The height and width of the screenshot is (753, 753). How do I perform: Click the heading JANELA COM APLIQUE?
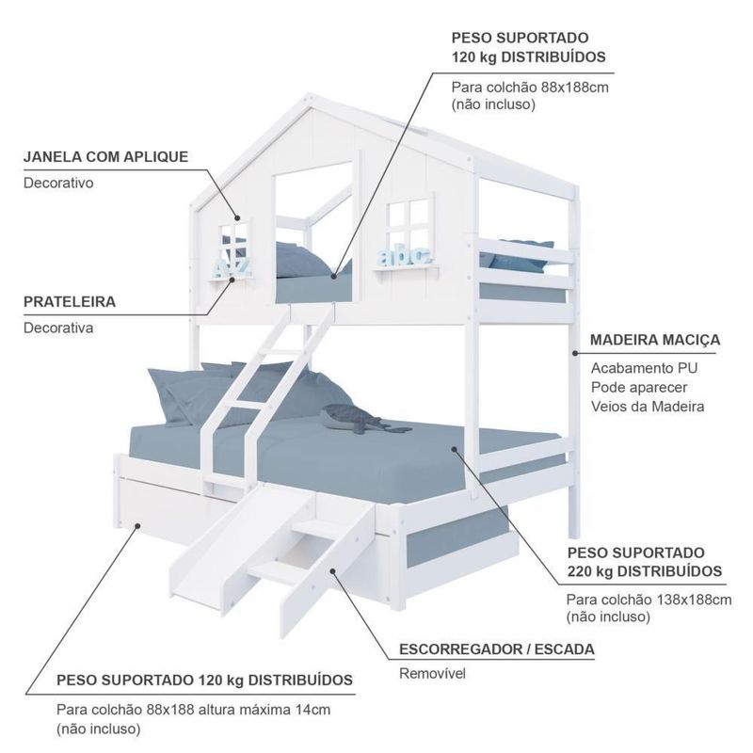click(105, 156)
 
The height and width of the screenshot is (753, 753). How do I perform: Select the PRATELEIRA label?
click(70, 302)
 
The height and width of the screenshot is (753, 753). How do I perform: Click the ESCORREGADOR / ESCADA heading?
click(497, 649)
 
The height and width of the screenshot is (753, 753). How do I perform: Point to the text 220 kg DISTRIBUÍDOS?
click(644, 571)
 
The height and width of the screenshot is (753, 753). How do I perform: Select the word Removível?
click(432, 674)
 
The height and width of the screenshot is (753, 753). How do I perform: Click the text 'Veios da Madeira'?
click(648, 407)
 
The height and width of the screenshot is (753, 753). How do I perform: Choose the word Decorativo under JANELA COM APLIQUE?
click(58, 183)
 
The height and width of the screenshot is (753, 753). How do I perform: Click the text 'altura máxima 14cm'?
click(264, 708)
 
